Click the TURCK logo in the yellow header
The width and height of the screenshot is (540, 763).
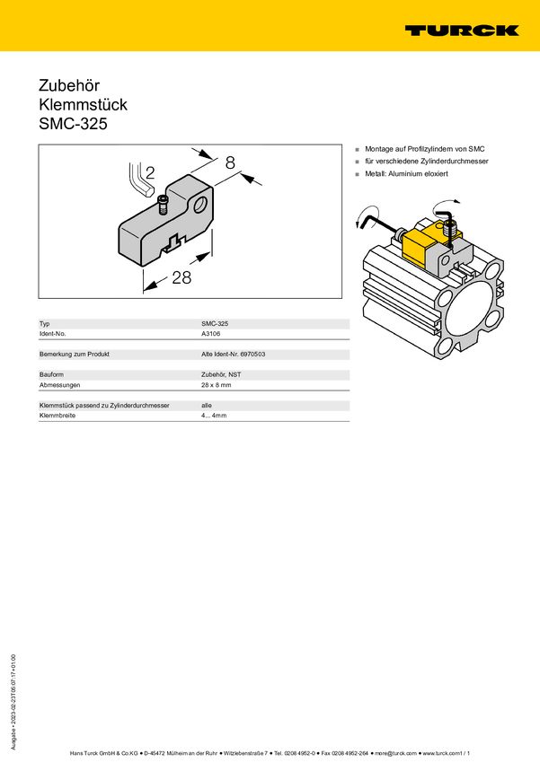(x=462, y=31)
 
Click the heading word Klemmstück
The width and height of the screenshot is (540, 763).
(x=83, y=105)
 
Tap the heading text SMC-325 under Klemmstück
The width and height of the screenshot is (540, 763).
(x=73, y=124)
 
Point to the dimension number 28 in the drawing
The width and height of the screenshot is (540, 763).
(x=181, y=278)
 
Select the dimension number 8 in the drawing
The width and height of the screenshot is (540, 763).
(x=230, y=162)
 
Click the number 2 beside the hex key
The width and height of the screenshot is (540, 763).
(x=150, y=172)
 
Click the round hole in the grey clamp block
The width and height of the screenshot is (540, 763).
(x=200, y=205)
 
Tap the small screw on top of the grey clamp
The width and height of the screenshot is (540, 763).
(x=163, y=205)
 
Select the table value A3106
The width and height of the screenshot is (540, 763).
(x=211, y=334)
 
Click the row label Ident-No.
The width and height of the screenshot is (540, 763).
(x=53, y=334)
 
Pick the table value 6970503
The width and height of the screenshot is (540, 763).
(x=252, y=355)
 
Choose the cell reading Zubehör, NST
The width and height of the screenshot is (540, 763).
(x=221, y=374)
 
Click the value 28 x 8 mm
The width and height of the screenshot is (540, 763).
(x=217, y=385)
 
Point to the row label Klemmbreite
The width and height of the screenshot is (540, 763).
(x=58, y=416)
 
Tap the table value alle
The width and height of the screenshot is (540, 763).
(x=207, y=406)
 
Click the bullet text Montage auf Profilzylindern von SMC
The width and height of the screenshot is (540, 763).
(x=425, y=149)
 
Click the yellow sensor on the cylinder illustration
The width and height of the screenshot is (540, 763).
(x=422, y=245)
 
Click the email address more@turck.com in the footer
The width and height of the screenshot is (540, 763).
(x=395, y=753)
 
